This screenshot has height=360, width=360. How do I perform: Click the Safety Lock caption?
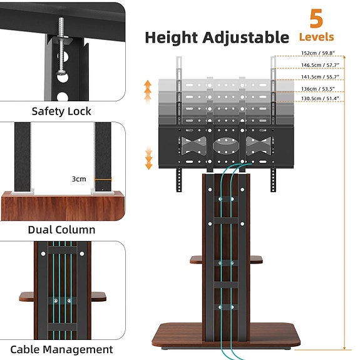tap(61, 111)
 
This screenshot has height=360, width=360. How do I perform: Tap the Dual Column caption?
tap(61, 230)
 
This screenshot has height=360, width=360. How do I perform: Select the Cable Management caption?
tap(61, 349)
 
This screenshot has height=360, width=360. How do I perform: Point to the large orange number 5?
tap(316, 18)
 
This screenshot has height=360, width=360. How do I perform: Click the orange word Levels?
tap(316, 37)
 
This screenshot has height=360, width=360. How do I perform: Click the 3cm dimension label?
tap(79, 178)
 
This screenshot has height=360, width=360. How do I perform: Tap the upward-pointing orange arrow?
tap(148, 91)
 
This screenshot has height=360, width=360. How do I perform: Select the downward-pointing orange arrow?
tap(148, 158)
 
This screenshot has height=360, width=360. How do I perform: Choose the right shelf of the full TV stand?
tap(257, 259)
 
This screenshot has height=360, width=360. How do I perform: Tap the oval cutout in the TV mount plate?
tap(225, 143)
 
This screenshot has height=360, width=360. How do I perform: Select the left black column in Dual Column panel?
tap(23, 157)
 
